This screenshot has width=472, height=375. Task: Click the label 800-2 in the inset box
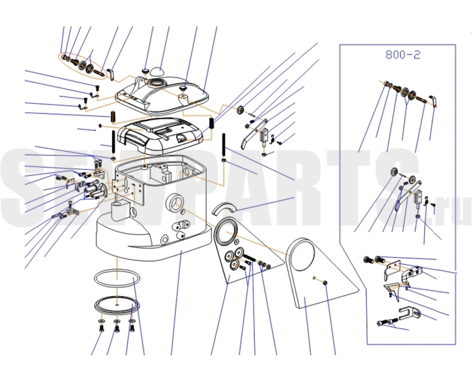[403, 55]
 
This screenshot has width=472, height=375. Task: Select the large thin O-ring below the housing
[117, 278]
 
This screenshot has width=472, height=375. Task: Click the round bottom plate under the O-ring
[117, 304]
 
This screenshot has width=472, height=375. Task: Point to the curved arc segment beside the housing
[223, 208]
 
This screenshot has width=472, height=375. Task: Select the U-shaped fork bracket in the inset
[411, 313]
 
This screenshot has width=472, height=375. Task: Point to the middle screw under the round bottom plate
[117, 325]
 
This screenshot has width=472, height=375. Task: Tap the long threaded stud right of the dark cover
[225, 145]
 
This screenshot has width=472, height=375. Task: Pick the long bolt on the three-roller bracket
[249, 258]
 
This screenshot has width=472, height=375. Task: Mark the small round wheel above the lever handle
[241, 111]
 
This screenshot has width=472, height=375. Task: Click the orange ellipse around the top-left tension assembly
[83, 66]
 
